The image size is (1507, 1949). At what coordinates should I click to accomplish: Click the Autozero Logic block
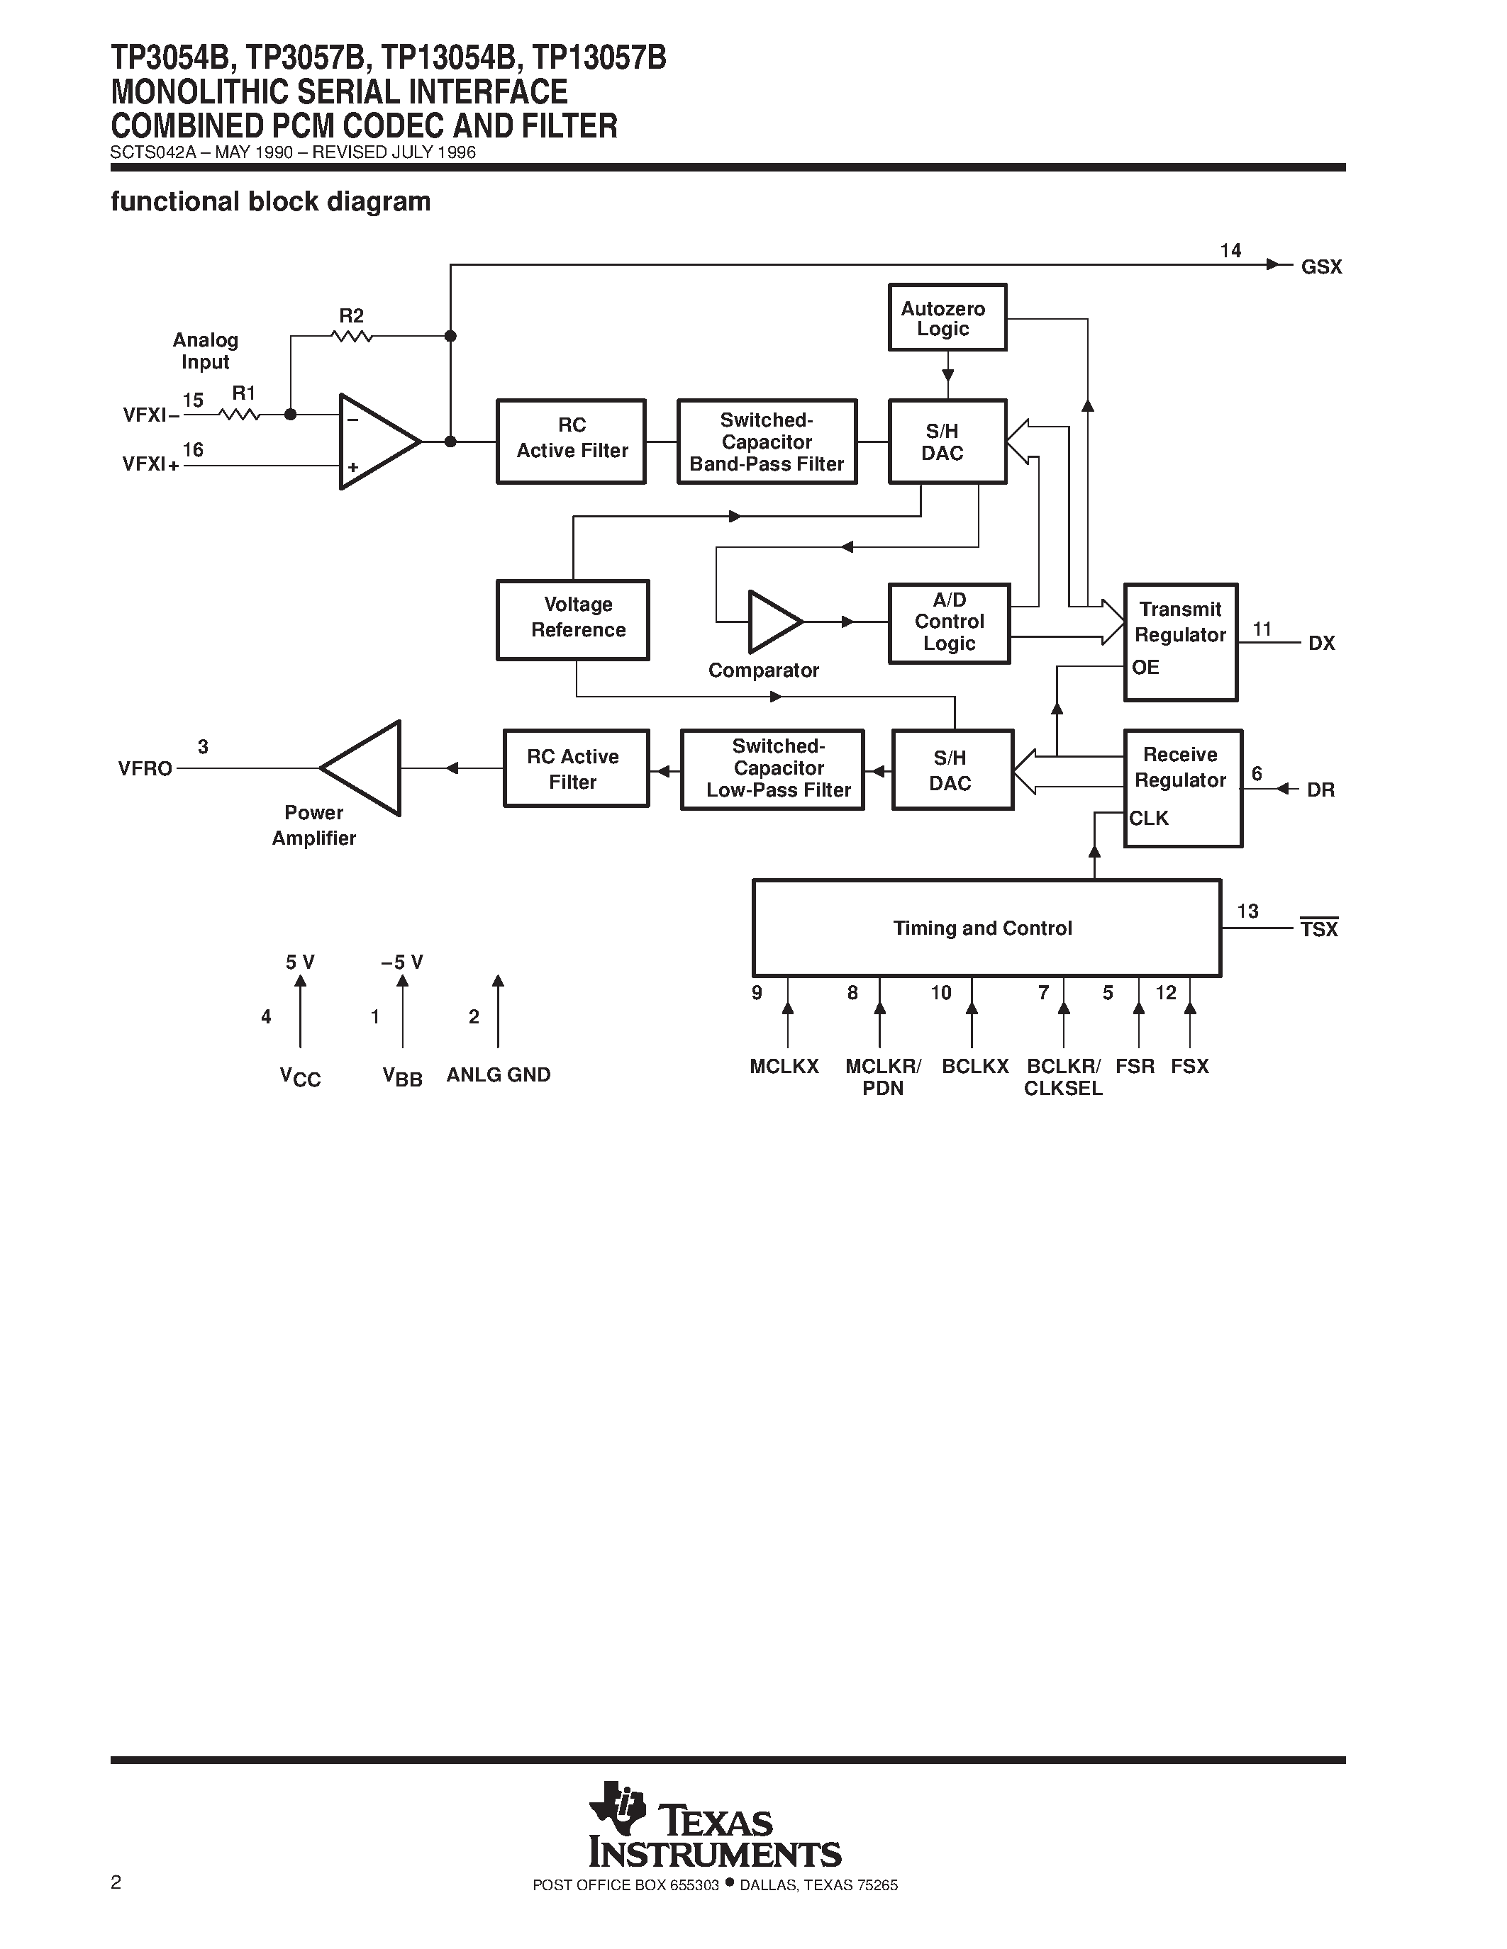[x=947, y=318]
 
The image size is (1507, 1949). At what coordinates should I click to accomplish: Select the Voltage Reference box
[x=572, y=620]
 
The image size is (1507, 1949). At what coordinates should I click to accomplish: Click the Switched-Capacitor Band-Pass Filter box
[x=767, y=442]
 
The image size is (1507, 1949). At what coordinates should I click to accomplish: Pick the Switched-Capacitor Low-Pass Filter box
[x=772, y=769]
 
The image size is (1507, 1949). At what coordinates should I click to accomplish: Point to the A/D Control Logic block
[x=949, y=623]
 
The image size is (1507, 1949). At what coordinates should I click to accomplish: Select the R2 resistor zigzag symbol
[x=352, y=337]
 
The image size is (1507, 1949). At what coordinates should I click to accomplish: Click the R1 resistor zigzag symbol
[x=239, y=414]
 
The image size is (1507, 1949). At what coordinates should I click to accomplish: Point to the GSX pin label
[x=1321, y=266]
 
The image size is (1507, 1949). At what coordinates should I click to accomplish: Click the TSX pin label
[x=1318, y=929]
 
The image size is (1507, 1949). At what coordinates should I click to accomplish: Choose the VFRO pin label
[x=145, y=769]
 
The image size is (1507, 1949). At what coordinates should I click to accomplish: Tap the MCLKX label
[x=784, y=1067]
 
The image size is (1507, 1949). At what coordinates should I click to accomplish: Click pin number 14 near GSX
[x=1230, y=251]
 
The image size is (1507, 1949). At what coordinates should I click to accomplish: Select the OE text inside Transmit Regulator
[x=1145, y=668]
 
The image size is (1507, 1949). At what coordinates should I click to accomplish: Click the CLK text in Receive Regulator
[x=1149, y=819]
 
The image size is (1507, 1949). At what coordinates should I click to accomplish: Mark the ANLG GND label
[x=498, y=1075]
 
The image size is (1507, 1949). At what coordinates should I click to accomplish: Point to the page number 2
[x=116, y=1882]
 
